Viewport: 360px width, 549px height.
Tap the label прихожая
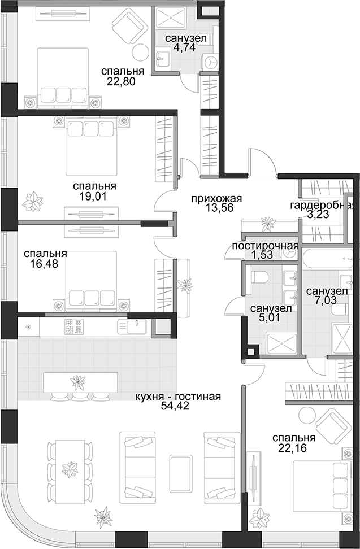(x=217, y=199)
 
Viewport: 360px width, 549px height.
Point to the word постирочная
(x=265, y=246)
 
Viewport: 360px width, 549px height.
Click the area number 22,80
(x=121, y=81)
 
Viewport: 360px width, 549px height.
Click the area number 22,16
(x=293, y=448)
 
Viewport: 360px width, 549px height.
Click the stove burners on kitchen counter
(x=73, y=326)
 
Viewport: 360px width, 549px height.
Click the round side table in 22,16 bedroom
(x=307, y=416)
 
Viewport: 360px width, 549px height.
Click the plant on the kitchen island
(x=77, y=382)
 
